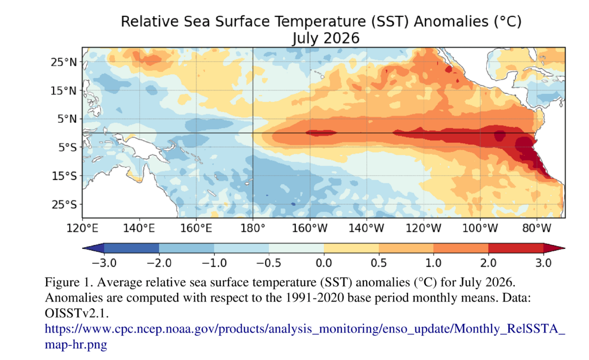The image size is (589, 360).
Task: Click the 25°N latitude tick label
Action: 64,62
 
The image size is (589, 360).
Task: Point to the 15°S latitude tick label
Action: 64,176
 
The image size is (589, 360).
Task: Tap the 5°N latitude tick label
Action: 67,119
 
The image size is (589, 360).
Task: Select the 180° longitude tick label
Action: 253,228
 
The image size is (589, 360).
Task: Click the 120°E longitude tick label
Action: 82,228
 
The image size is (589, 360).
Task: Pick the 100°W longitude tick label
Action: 480,228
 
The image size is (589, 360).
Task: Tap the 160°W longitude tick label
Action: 310,228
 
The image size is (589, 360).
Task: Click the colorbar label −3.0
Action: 104,263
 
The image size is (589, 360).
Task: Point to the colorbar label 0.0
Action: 324,263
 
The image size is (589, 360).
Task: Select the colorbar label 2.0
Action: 488,263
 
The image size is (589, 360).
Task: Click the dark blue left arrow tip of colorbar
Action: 83,248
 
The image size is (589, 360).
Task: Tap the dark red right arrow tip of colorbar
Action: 564,248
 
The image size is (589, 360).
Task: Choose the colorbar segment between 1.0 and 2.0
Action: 461,248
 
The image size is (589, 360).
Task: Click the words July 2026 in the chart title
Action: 326,38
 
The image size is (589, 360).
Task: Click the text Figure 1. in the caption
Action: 69,282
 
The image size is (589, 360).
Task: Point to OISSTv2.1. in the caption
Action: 77,313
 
